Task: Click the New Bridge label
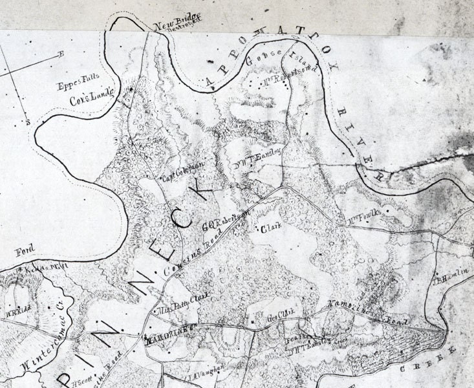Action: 169,25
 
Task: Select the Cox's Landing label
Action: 91,94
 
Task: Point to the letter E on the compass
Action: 61,54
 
